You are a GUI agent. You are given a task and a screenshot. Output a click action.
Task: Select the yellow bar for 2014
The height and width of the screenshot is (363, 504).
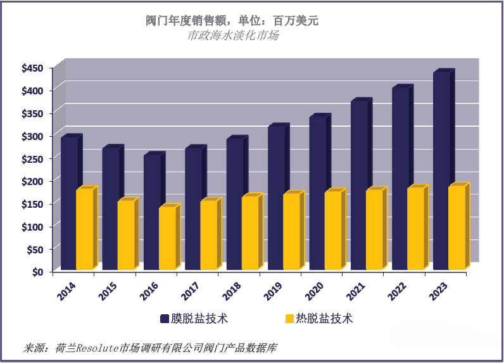(x=85, y=229)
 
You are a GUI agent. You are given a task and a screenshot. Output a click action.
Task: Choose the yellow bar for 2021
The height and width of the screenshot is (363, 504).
(x=375, y=229)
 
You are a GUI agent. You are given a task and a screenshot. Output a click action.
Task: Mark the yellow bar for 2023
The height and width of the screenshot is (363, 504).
(x=457, y=227)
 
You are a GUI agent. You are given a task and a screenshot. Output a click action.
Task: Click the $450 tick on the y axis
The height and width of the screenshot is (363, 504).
(x=32, y=68)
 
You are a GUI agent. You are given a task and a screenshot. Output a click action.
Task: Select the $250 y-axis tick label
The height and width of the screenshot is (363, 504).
(x=32, y=158)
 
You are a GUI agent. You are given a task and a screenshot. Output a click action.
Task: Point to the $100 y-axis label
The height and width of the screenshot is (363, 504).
(x=32, y=226)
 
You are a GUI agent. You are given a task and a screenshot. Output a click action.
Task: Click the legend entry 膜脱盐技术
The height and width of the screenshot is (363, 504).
(x=198, y=319)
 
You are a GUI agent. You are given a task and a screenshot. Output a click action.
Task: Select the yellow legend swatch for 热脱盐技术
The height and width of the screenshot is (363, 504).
(x=291, y=319)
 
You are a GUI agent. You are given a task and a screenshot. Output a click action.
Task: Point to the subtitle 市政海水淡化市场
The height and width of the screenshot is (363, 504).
(x=233, y=35)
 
